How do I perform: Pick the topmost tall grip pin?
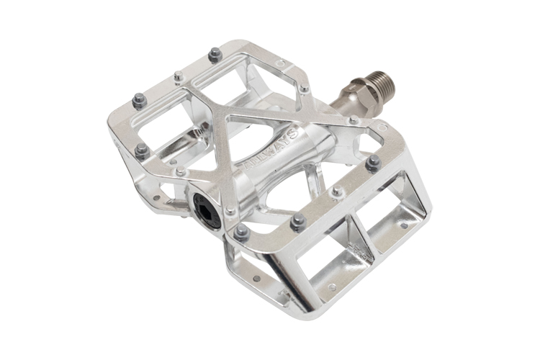[x=214, y=55]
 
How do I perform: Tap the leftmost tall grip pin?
[x=139, y=101]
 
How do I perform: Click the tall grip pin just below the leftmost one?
[x=142, y=150]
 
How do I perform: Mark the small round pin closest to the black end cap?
[x=229, y=212]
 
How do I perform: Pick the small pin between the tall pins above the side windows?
[x=337, y=192]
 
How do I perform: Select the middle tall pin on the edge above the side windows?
[x=297, y=224]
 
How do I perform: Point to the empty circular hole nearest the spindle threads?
[x=280, y=63]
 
